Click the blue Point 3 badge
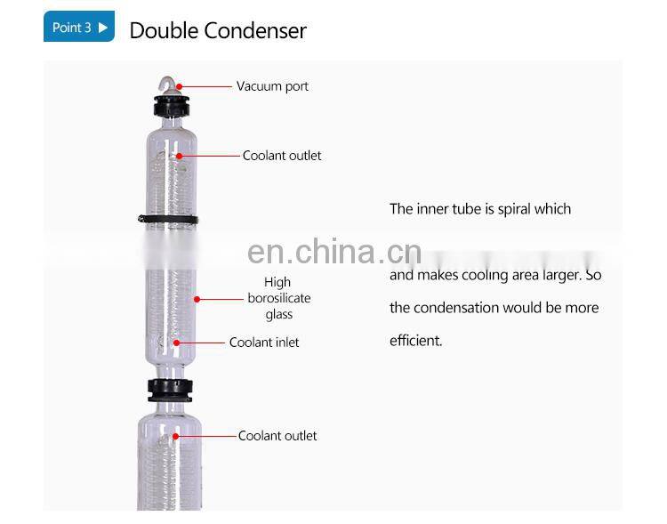point(79,28)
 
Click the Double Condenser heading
point(218,30)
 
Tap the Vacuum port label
point(272,86)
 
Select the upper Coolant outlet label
point(282,156)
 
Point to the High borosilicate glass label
point(279,299)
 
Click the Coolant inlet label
point(264,343)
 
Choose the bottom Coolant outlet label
point(277,436)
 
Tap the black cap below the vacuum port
point(170,105)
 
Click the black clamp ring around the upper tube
point(170,218)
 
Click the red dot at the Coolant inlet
point(176,342)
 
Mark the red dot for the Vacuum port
point(180,86)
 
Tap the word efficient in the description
point(415,341)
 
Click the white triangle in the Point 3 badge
point(103,28)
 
